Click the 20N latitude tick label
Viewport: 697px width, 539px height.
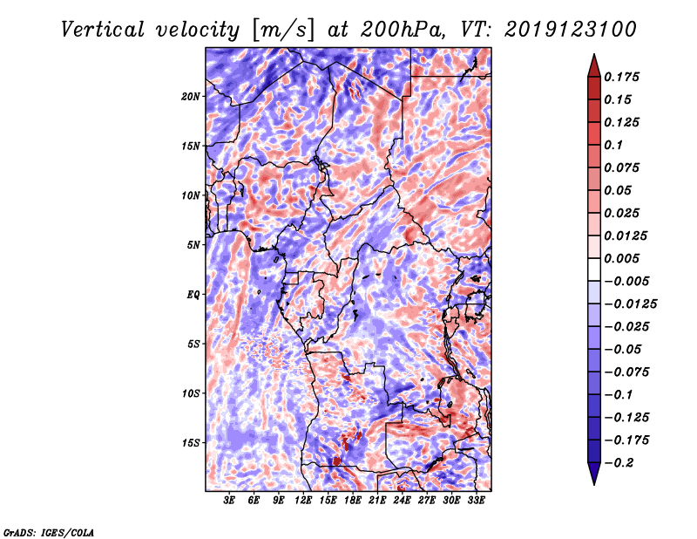click(x=191, y=97)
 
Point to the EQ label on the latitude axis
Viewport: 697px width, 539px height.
click(x=193, y=295)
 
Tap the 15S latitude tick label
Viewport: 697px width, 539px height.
click(x=191, y=443)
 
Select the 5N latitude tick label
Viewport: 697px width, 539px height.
click(x=193, y=245)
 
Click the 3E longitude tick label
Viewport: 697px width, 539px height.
click(x=229, y=501)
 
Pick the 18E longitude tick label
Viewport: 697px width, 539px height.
click(x=353, y=501)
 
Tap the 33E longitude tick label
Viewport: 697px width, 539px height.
click(x=476, y=501)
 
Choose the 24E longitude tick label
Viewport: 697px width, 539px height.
click(x=402, y=501)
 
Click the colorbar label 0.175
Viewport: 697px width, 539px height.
click(x=622, y=77)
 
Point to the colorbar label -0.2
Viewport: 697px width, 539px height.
click(x=619, y=463)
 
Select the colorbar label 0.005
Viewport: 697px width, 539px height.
click(x=622, y=258)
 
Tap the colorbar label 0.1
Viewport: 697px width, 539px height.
click(x=614, y=145)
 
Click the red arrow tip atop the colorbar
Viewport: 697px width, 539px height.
click(x=594, y=54)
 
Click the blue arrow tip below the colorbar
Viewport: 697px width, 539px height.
click(x=594, y=484)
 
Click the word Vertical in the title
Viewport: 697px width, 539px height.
click(x=103, y=30)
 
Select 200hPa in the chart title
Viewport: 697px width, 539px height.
click(x=402, y=30)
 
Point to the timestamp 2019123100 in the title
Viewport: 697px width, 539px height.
click(x=571, y=30)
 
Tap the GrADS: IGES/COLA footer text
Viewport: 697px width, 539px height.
click(x=49, y=532)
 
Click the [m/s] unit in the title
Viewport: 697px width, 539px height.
click(x=283, y=30)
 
